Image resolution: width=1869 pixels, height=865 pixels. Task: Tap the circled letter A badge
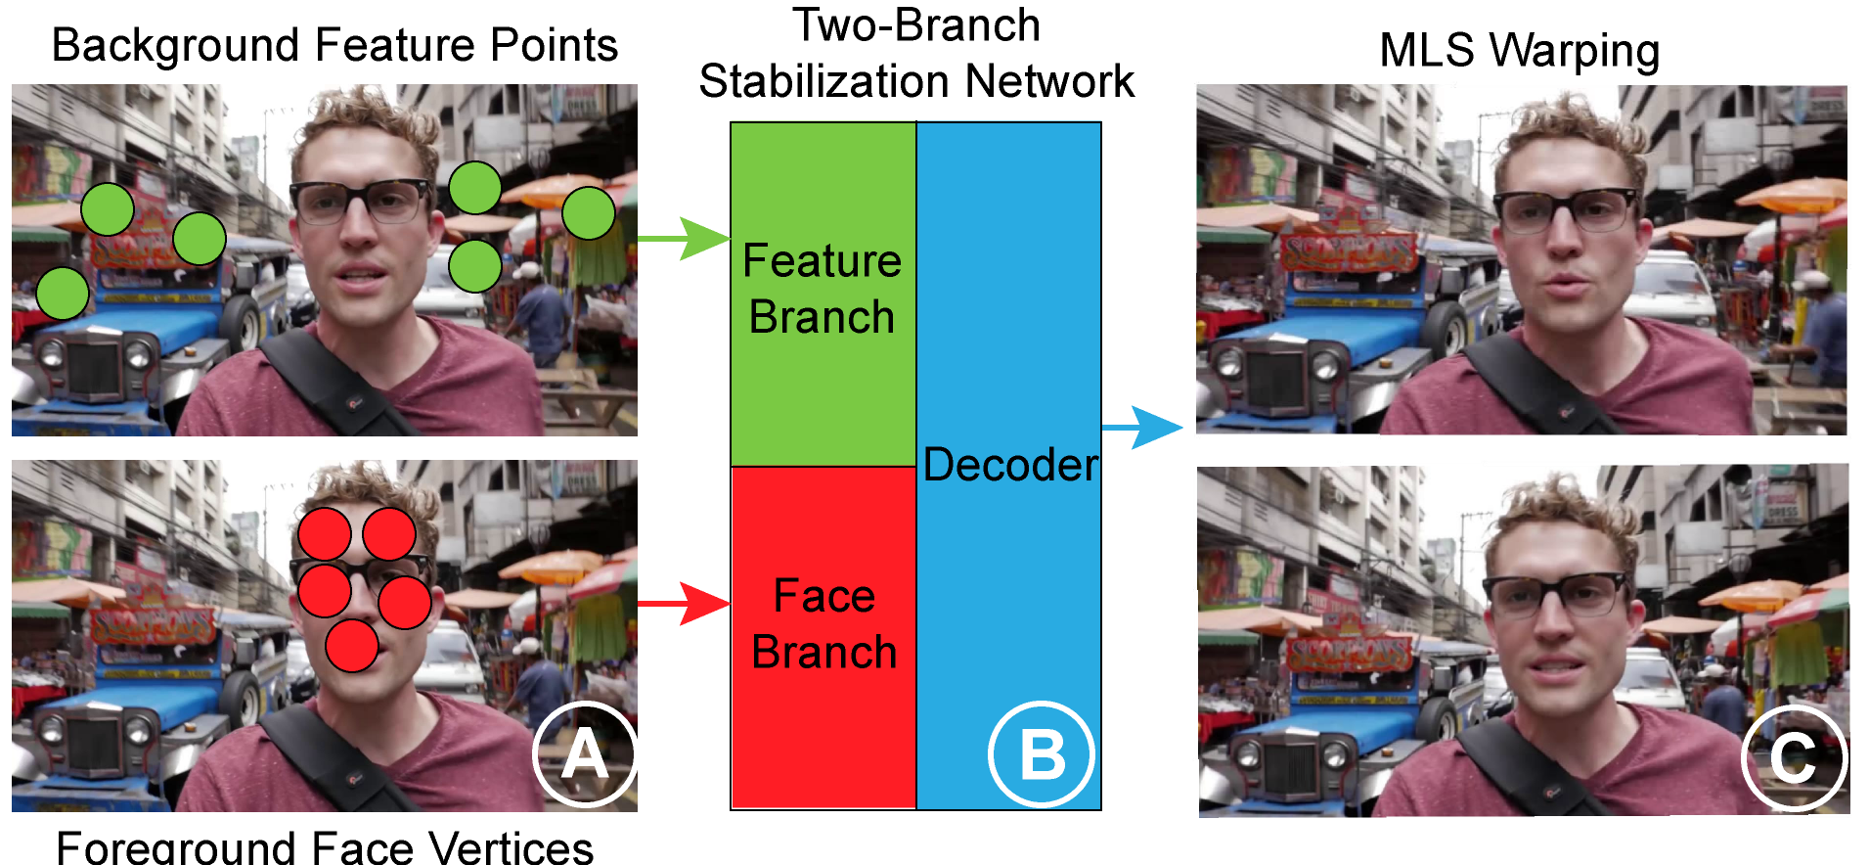(585, 754)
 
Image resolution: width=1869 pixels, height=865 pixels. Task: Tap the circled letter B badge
(1041, 754)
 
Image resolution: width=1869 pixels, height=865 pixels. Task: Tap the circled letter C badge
(1793, 757)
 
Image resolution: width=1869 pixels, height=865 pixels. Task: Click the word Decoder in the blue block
(1010, 465)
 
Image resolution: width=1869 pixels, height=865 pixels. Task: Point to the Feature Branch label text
(822, 289)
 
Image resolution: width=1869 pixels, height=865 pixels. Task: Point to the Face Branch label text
(823, 624)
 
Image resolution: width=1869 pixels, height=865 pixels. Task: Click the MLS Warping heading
(1519, 51)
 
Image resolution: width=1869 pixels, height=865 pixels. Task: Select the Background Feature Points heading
(334, 45)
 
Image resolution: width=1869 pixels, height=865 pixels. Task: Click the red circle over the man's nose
(352, 646)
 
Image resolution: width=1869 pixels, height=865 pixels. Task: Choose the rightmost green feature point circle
(589, 213)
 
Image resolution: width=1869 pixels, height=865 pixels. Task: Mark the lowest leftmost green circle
(63, 294)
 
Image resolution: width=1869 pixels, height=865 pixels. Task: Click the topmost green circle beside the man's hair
(475, 188)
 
